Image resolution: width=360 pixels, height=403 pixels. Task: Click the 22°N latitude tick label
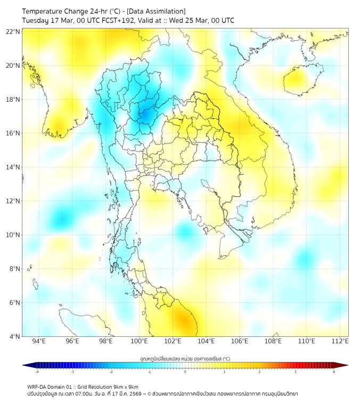coord(13,32)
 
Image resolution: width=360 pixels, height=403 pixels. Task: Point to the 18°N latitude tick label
coord(13,100)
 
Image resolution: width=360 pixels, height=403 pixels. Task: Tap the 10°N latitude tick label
coord(13,235)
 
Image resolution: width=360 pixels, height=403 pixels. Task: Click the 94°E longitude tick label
coord(39,341)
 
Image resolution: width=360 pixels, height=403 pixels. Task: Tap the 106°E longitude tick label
coord(240,341)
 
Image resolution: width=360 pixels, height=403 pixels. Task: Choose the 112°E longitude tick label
coord(340,341)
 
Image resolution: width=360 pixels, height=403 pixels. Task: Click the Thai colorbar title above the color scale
coord(185,358)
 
